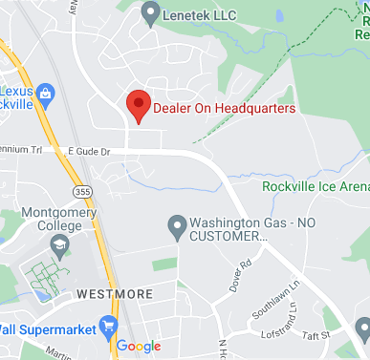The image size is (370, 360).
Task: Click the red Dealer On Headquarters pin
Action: pos(139,105)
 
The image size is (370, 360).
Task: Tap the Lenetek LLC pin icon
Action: pos(149,13)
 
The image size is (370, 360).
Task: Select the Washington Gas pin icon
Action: pos(176,227)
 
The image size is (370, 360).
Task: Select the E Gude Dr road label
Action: pos(88,152)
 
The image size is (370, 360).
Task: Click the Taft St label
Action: pos(316,335)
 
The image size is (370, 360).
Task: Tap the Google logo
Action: pos(140,346)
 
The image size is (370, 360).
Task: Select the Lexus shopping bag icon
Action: pos(47,91)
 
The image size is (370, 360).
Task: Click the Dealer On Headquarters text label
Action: pos(224,108)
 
